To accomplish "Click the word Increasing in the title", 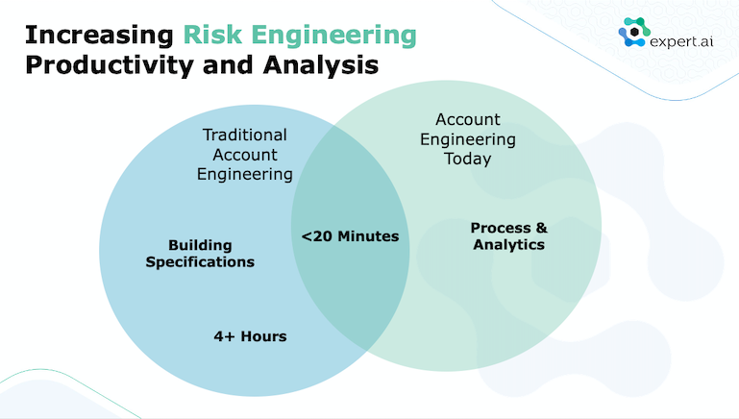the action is pyautogui.click(x=99, y=37).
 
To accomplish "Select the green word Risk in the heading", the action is pyautogui.click(x=212, y=36).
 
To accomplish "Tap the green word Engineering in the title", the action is pyautogui.click(x=334, y=37).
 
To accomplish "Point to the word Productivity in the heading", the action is pyautogui.click(x=110, y=65).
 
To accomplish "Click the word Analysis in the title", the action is pyautogui.click(x=321, y=65).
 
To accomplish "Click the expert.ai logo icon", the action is pyautogui.click(x=634, y=32).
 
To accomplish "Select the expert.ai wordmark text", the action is pyautogui.click(x=681, y=42).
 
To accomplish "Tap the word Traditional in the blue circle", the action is pyautogui.click(x=245, y=135).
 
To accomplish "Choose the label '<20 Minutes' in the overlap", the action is pyautogui.click(x=350, y=235).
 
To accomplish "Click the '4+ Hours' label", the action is pyautogui.click(x=250, y=336).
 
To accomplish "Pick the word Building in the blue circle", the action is pyautogui.click(x=200, y=246).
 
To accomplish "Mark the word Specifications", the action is pyautogui.click(x=200, y=262).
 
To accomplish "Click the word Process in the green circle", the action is pyautogui.click(x=501, y=228).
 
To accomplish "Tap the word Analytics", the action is pyautogui.click(x=509, y=245).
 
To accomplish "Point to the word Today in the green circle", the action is pyautogui.click(x=468, y=159).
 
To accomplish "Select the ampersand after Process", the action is pyautogui.click(x=542, y=228).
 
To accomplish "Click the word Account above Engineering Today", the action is pyautogui.click(x=468, y=119).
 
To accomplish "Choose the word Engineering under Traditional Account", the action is pyautogui.click(x=245, y=174).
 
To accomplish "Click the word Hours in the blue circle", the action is pyautogui.click(x=263, y=336).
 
